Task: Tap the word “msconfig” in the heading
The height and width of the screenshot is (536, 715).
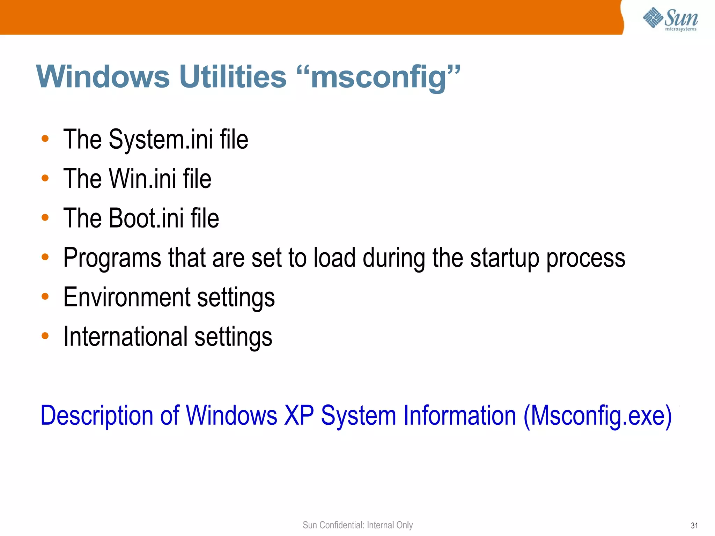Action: pos(378,77)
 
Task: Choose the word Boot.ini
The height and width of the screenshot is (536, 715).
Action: pos(146,218)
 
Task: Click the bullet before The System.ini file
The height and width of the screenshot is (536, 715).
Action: pos(45,139)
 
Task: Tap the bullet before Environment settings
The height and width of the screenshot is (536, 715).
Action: pos(45,297)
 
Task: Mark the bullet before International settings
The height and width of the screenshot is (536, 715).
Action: pos(45,336)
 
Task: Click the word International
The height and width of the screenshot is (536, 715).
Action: pos(125,337)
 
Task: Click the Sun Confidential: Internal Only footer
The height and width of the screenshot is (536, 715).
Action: pos(357,525)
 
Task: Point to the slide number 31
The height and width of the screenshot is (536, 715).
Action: pos(694,526)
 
